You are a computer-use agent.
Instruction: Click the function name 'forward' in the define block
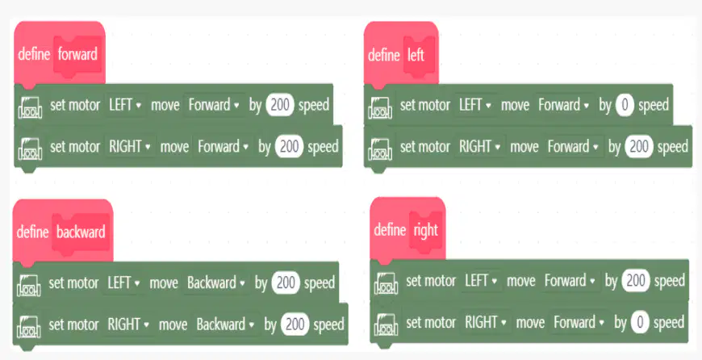pos(77,54)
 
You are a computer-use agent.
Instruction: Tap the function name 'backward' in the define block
pos(81,232)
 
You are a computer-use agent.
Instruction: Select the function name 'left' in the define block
pos(416,55)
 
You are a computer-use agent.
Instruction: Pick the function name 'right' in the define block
pos(425,230)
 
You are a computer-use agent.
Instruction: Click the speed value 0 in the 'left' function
pos(625,105)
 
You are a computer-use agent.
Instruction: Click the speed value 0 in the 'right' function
pos(640,322)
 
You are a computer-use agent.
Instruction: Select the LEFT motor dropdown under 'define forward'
pos(125,105)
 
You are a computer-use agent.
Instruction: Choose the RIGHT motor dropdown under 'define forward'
pos(130,147)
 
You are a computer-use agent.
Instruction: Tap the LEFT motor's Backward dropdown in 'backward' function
pos(216,283)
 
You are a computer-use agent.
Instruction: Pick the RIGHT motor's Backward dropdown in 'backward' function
pos(226,324)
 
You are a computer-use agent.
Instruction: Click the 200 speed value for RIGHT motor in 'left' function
pos(639,147)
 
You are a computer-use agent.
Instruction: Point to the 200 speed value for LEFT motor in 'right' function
pos(636,281)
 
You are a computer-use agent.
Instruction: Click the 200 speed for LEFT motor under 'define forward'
pos(280,105)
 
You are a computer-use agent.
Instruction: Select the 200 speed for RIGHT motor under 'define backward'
pos(295,324)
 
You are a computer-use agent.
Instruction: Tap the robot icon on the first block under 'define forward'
pos(31,107)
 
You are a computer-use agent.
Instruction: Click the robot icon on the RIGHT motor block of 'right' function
pos(386,324)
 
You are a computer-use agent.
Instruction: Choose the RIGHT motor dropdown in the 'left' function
pos(480,147)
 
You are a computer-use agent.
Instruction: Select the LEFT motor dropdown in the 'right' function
pos(481,281)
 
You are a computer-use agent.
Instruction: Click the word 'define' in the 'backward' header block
pos(32,232)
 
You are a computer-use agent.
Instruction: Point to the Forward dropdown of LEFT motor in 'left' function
pos(564,105)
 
